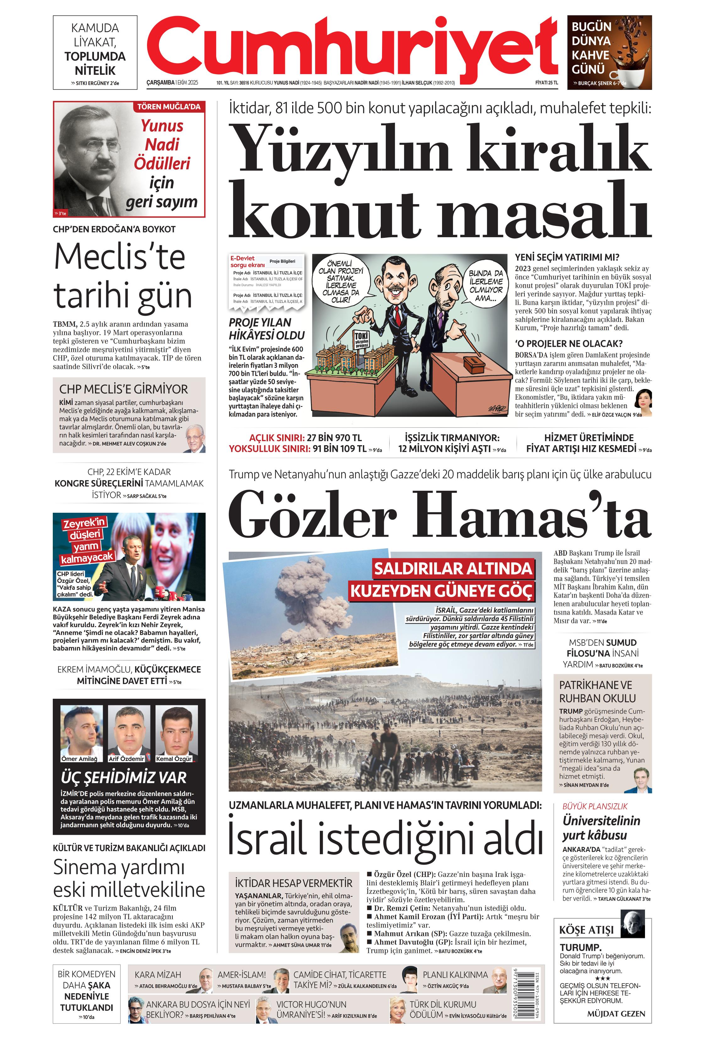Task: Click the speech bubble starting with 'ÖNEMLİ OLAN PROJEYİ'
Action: tap(342, 281)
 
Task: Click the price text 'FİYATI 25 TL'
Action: tap(546, 83)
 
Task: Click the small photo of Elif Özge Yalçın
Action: tap(644, 398)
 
